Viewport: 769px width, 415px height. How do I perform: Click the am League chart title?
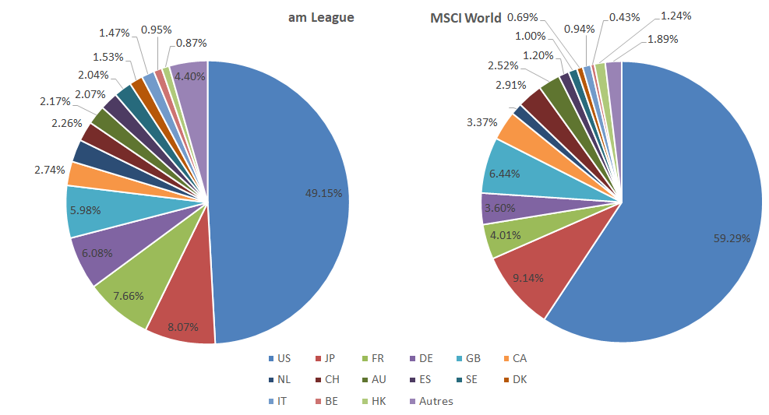[321, 17]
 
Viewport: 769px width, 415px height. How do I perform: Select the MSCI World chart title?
[466, 18]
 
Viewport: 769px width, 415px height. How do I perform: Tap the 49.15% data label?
[323, 193]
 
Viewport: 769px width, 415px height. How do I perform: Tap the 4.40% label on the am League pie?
[190, 76]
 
